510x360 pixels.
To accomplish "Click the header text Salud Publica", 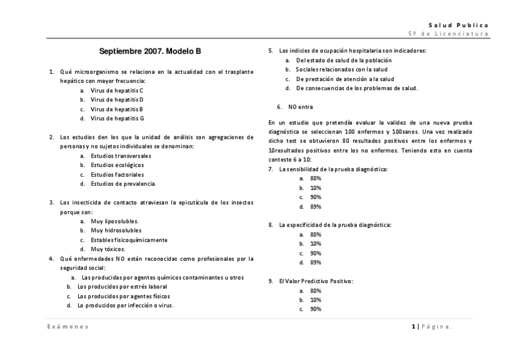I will (458, 25).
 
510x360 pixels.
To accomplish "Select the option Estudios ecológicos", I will (117, 165).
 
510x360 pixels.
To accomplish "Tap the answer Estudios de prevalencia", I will (123, 184).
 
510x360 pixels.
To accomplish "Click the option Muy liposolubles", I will (114, 221).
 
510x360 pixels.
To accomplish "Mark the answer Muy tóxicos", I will (108, 249).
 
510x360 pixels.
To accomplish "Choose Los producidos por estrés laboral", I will (122, 287).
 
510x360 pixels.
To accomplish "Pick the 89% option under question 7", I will (315, 207).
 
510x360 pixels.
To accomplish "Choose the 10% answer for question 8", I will (315, 244).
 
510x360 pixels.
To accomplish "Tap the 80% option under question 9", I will (315, 290).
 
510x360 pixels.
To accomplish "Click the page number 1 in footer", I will (413, 326).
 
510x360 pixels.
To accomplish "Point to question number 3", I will (52, 203).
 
